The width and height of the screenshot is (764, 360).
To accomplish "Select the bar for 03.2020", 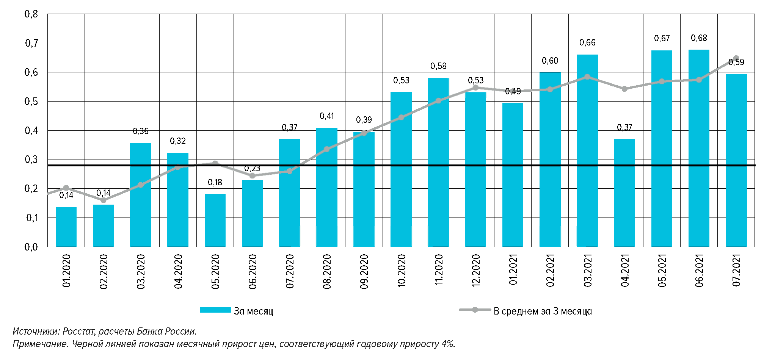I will [x=141, y=195].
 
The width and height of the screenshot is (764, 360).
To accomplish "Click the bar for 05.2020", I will [x=215, y=220].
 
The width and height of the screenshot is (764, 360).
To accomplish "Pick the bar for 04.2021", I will [x=624, y=193].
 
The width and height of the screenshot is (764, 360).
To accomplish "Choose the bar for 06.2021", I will [x=699, y=148].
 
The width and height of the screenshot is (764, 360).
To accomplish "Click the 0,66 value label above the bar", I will [x=587, y=43].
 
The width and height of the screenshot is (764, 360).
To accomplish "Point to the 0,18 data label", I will [x=215, y=183].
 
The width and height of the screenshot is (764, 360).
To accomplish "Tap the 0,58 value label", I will [x=438, y=66].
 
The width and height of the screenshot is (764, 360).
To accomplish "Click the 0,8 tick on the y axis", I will [x=31, y=14].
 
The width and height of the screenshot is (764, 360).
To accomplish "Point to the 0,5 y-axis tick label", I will [x=31, y=102].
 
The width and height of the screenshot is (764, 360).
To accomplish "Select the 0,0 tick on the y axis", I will [x=31, y=247].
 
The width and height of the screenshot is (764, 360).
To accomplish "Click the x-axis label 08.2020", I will [x=327, y=272].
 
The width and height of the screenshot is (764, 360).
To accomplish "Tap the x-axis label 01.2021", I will [x=513, y=272].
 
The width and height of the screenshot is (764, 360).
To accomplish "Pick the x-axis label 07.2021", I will [x=736, y=272].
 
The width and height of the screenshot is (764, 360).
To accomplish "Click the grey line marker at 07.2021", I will [x=736, y=58].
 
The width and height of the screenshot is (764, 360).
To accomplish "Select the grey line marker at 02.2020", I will [x=104, y=200].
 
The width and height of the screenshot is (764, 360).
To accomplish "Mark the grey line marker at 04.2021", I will [x=624, y=89].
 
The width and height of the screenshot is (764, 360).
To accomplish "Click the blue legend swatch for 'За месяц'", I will [x=215, y=310].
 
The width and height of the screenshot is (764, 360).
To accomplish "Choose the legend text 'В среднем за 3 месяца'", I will [x=543, y=311].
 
